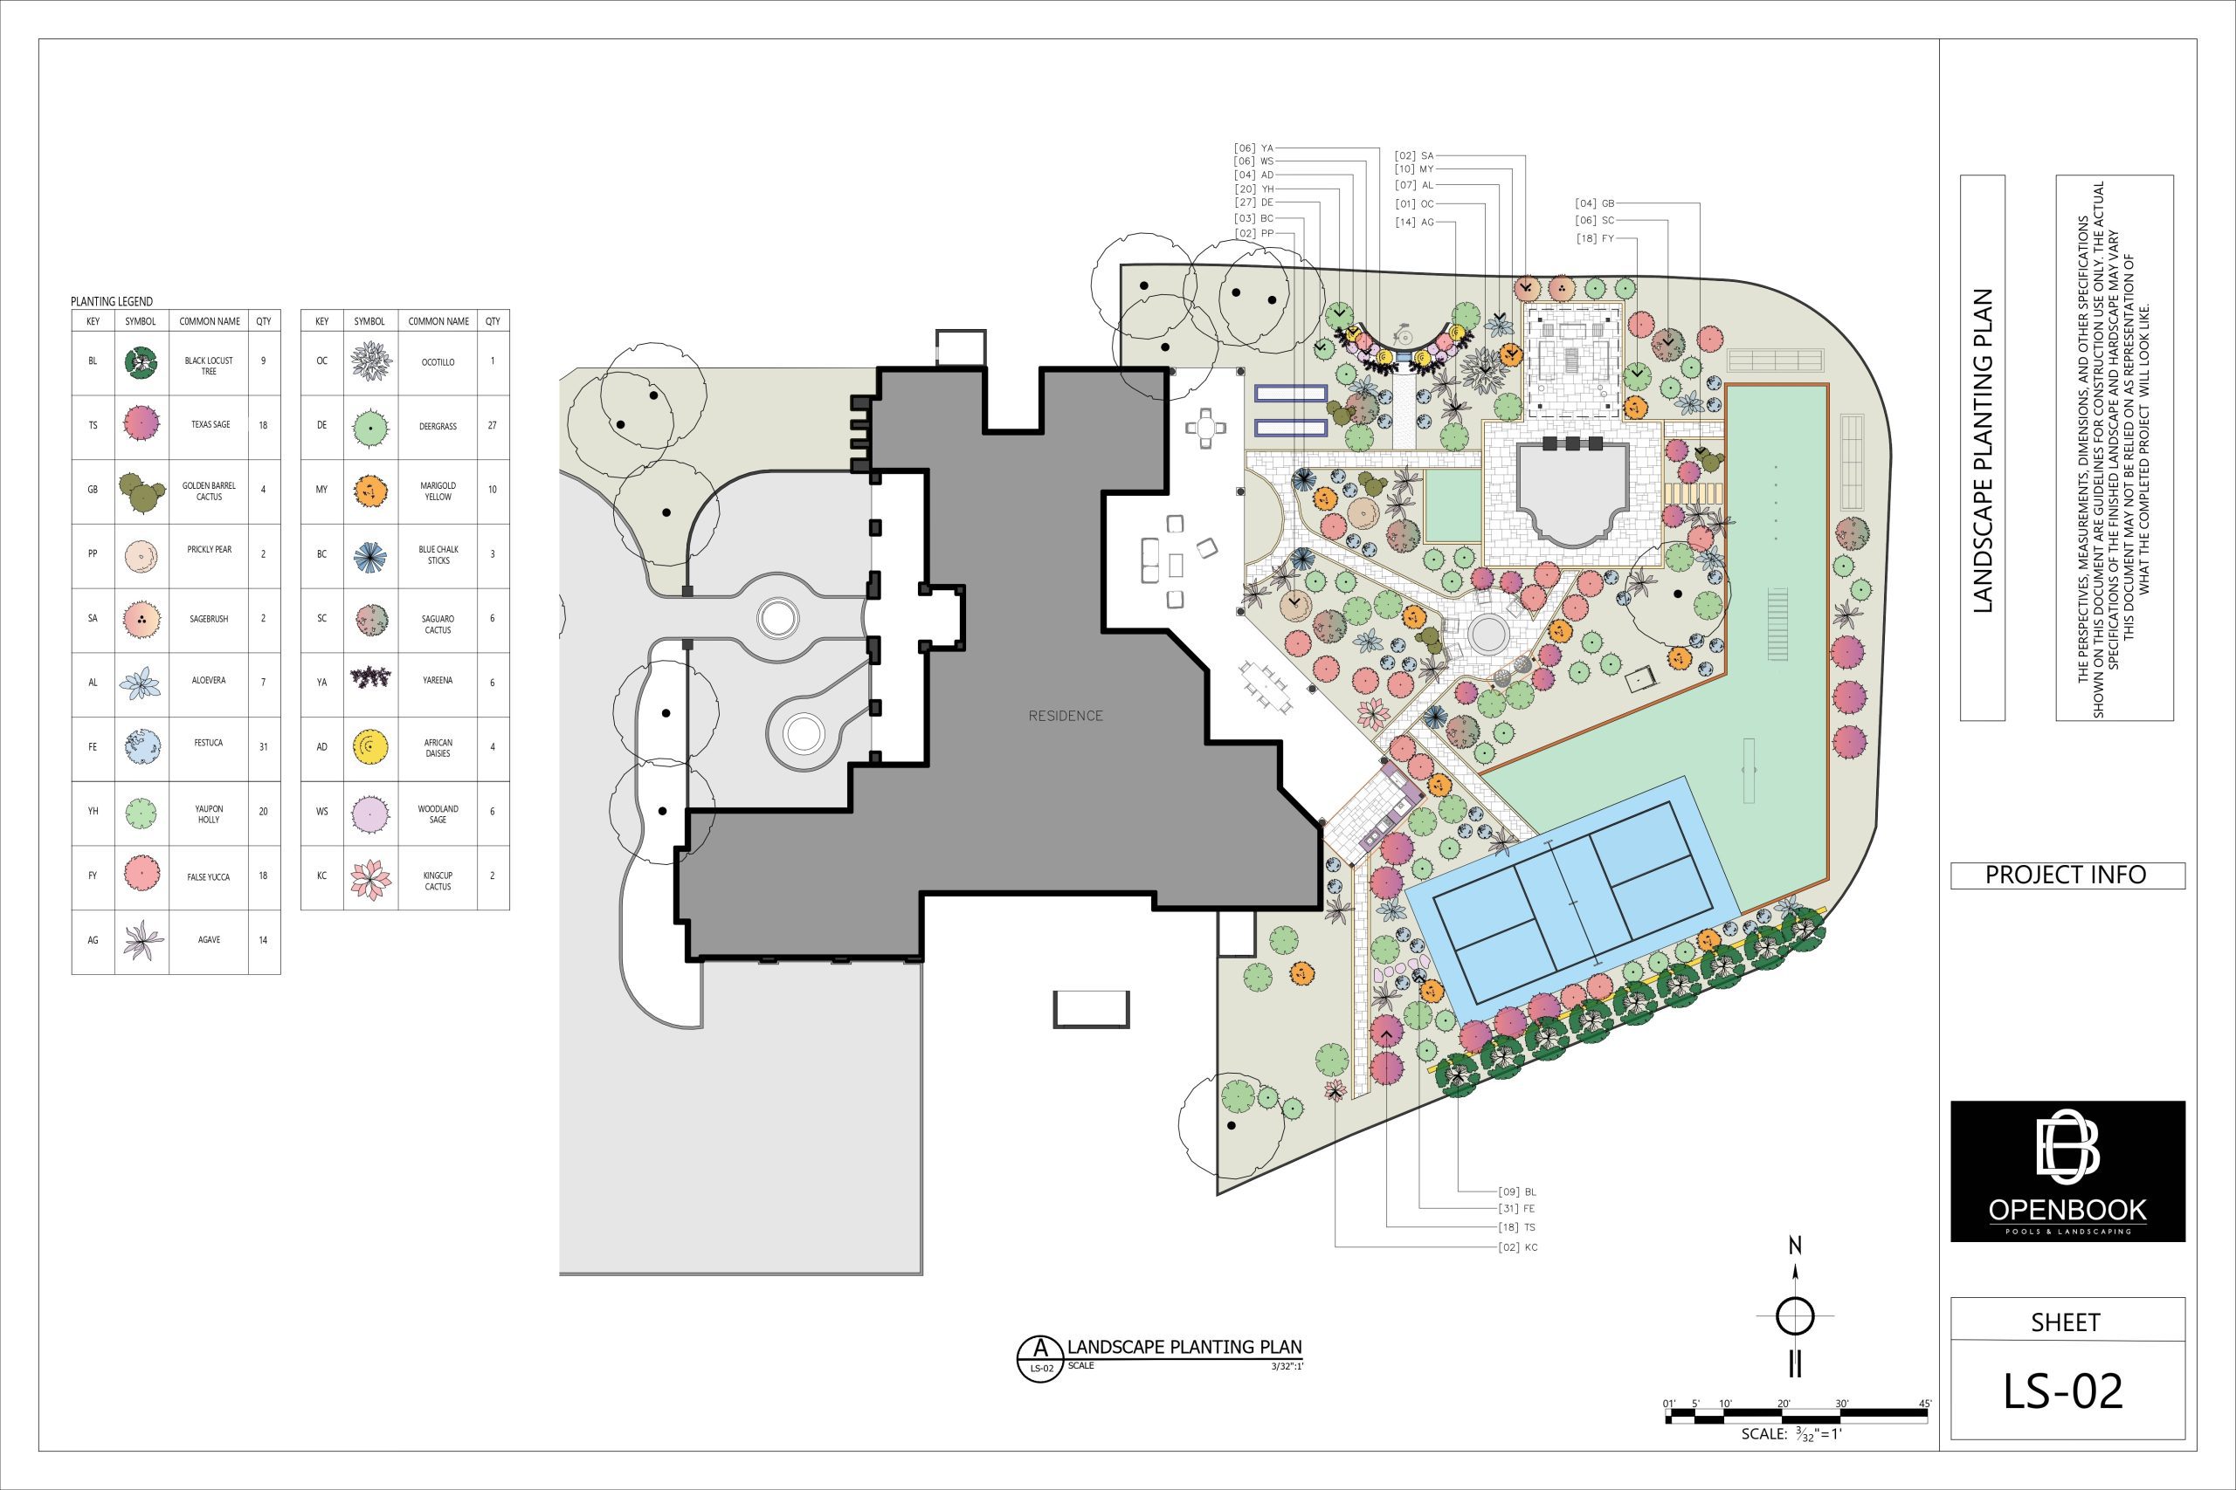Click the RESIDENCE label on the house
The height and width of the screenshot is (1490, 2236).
[x=1066, y=716]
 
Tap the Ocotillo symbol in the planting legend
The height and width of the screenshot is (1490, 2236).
[x=370, y=362]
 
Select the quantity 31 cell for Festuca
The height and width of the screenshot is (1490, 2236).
[x=263, y=747]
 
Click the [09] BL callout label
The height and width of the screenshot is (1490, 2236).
[x=1517, y=1191]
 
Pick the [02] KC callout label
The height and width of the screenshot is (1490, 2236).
[x=1518, y=1247]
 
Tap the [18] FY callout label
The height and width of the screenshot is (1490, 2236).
[x=1595, y=238]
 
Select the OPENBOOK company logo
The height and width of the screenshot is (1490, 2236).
[x=2067, y=1171]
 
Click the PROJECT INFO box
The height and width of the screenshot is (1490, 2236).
[x=2067, y=875]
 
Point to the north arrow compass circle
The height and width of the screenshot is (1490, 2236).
[x=1795, y=1317]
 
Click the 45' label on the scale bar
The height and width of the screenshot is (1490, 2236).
[x=1924, y=1404]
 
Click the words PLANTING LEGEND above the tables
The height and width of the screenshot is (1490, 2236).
[x=111, y=301]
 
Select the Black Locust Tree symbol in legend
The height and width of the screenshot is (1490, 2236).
[x=141, y=362]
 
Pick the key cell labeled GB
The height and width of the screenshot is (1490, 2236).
[x=93, y=491]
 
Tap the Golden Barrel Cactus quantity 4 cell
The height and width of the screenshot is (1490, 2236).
[x=263, y=491]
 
